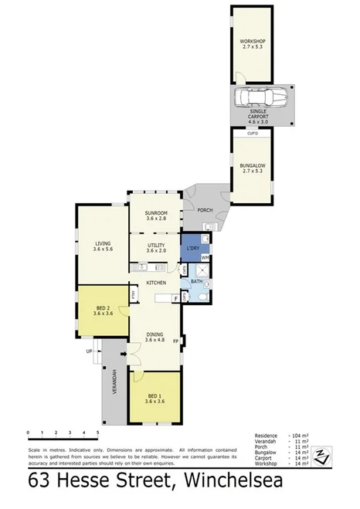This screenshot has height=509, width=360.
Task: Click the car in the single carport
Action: [x=260, y=99]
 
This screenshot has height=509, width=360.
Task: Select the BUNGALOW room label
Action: [x=252, y=165]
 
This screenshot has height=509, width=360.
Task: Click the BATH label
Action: [x=195, y=281]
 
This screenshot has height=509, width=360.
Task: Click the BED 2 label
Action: [x=102, y=309]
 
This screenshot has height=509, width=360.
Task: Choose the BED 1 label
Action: [x=156, y=396]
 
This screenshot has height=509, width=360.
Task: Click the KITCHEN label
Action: [x=158, y=283]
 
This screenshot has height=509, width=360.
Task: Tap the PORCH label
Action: [x=205, y=209]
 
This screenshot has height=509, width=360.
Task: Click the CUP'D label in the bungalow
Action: [x=252, y=133]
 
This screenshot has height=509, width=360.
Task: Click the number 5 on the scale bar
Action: [x=98, y=433]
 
